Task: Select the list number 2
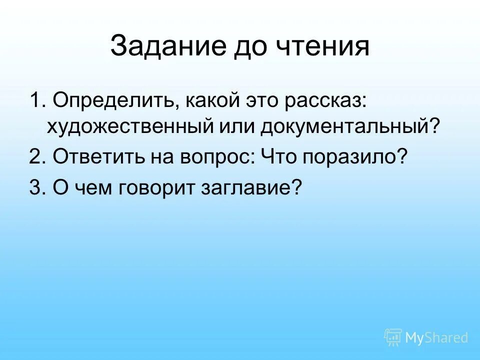[35, 158]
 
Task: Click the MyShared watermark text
[436, 337]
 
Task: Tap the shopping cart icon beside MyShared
[393, 337]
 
